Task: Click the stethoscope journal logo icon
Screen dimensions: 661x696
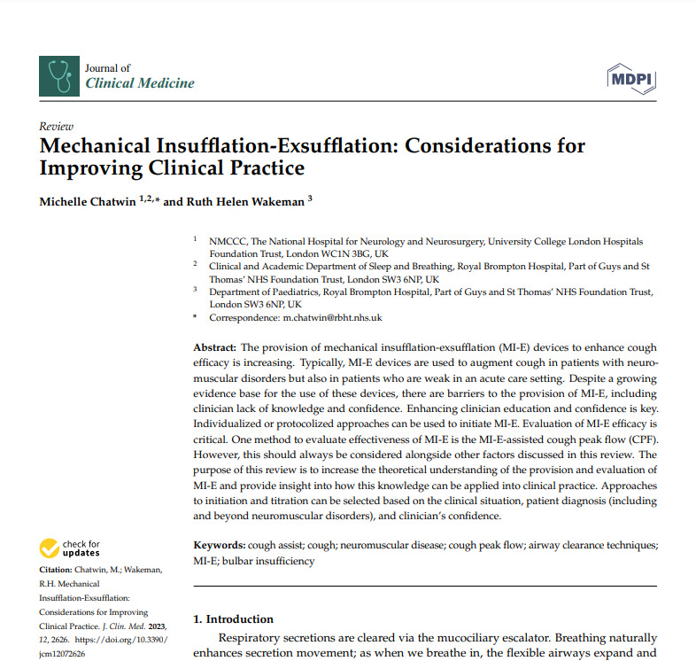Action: [59, 76]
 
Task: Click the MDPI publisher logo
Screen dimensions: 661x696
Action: [630, 79]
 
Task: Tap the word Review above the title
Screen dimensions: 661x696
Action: [57, 127]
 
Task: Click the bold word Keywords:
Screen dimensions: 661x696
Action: [220, 544]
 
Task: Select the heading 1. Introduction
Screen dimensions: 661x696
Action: [234, 618]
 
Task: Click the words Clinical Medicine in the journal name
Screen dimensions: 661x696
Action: [139, 83]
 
